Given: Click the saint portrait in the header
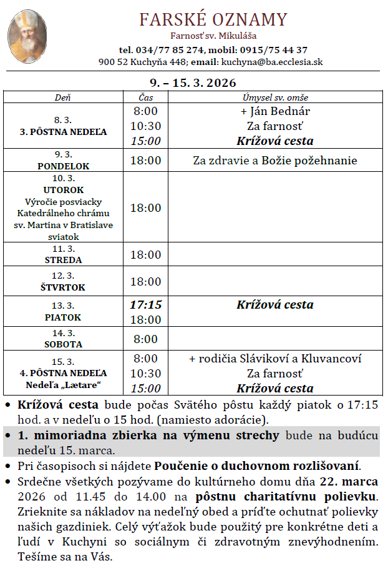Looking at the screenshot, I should [28, 36].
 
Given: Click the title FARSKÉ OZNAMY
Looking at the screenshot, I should [213, 19].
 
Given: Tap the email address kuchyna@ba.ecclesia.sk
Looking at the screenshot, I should [271, 62].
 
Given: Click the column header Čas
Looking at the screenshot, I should [145, 97].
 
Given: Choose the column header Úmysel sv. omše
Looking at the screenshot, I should [275, 97].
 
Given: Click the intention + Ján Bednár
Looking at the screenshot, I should [275, 111].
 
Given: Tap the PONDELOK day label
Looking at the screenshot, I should [64, 166].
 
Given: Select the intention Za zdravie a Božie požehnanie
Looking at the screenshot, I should [275, 161].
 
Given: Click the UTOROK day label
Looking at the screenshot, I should [64, 190].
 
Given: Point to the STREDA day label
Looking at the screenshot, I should [64, 260].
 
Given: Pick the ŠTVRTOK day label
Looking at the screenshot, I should [64, 287].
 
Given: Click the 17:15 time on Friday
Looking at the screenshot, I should [145, 305].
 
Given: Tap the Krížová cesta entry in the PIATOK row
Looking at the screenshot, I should [275, 305].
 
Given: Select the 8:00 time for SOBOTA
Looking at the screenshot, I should [145, 339].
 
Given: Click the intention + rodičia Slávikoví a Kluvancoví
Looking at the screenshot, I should [275, 359].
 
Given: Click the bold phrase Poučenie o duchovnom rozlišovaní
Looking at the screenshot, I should [257, 466].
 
